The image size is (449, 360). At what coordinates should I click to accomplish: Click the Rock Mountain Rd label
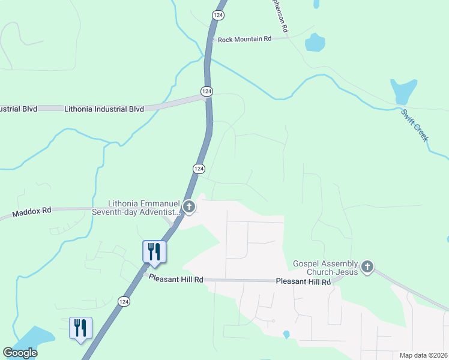tap(244, 39)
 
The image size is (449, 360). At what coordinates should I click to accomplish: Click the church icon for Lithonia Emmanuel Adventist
tap(189, 208)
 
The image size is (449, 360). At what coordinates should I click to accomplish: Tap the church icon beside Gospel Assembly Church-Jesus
tap(367, 266)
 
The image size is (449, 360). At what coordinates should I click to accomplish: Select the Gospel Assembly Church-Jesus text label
tap(325, 268)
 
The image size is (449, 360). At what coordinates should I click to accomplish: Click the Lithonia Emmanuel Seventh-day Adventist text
tap(144, 208)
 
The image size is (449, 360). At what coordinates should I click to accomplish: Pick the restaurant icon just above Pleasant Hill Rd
tap(154, 251)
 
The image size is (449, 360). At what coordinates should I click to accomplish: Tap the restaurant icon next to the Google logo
tap(80, 328)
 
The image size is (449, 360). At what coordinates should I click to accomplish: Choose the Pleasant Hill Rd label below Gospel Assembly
tap(303, 281)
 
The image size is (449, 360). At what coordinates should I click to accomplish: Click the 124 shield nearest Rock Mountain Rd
tap(217, 14)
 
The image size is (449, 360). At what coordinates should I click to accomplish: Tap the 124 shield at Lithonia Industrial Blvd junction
tap(206, 91)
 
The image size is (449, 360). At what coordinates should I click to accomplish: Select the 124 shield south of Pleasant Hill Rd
tap(124, 301)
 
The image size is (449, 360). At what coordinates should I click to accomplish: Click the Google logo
tap(20, 353)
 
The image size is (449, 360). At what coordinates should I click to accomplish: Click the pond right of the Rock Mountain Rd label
tap(314, 43)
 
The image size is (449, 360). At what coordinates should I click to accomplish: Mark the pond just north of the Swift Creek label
tap(403, 91)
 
